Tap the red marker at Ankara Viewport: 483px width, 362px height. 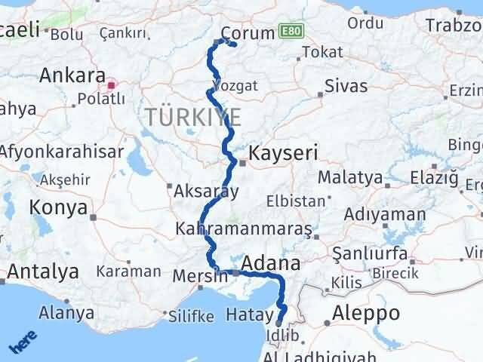[112, 85]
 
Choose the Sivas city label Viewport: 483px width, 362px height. [346, 86]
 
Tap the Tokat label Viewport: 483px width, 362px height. [321, 53]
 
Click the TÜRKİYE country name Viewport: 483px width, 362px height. [194, 118]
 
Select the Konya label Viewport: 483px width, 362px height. [59, 207]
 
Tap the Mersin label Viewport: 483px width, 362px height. [200, 275]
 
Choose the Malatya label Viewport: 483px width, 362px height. [350, 179]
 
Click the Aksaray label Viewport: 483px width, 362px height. [206, 192]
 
